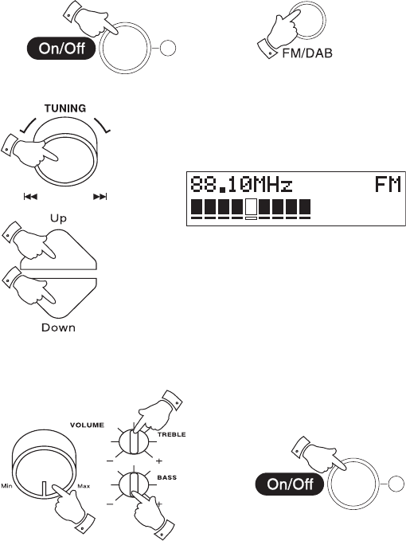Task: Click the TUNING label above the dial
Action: point(65,108)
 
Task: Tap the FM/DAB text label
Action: point(307,53)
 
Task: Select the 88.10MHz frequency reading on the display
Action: point(241,184)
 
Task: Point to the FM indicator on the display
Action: point(388,184)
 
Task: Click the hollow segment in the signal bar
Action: point(252,206)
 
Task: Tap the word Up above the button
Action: point(58,218)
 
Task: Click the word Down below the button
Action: point(58,327)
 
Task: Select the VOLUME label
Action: point(88,425)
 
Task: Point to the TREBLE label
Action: point(172,434)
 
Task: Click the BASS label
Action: point(167,477)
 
